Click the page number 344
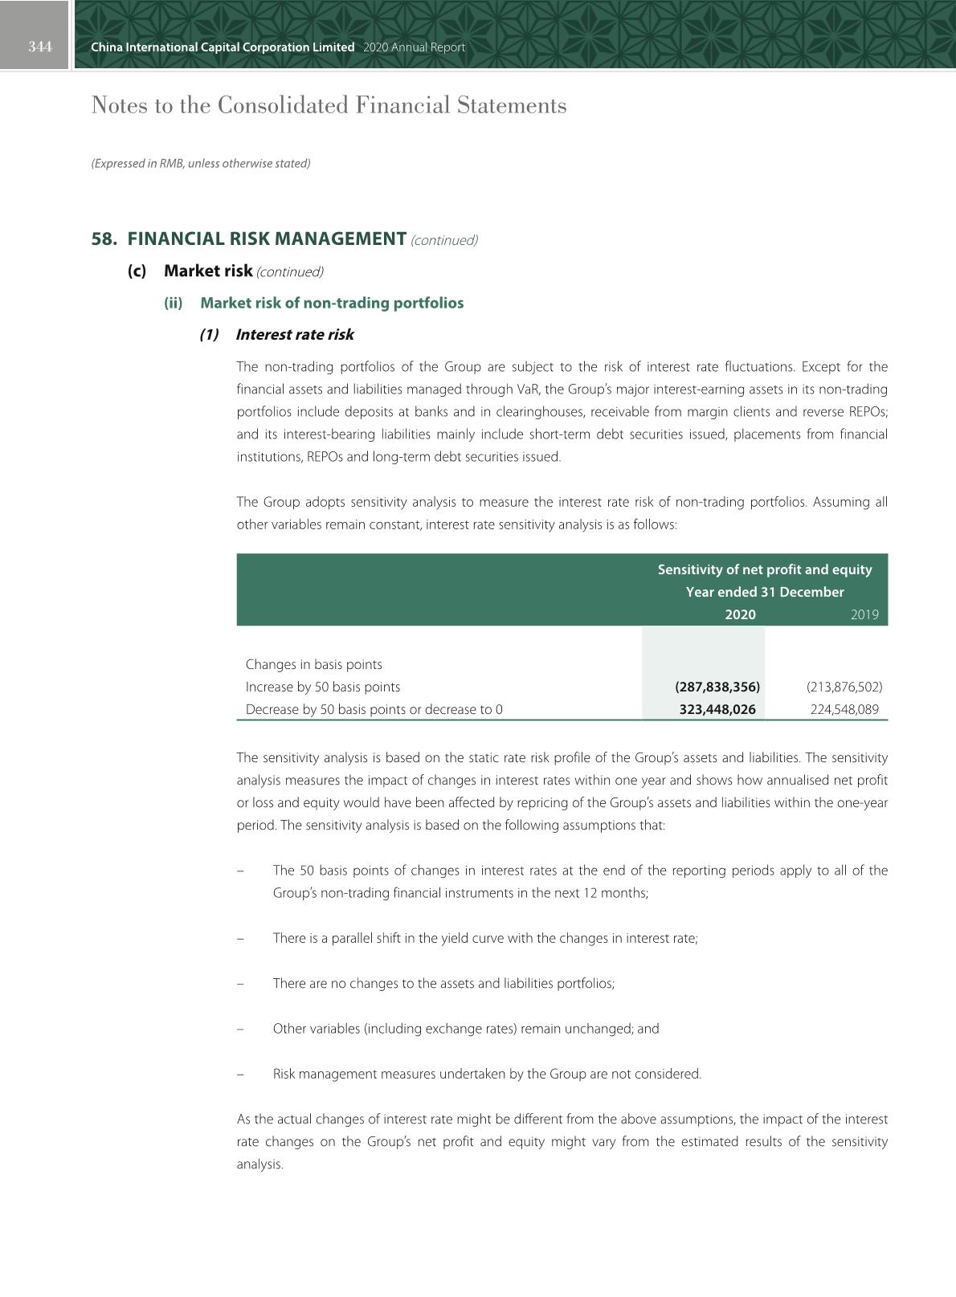[40, 47]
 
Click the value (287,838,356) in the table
[717, 687]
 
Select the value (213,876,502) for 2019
[844, 687]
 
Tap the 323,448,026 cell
[717, 709]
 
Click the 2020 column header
[740, 614]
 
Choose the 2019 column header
[864, 614]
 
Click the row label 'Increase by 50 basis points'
[323, 687]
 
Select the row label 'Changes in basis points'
[314, 664]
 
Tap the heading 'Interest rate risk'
[295, 335]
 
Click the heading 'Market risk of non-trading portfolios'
[332, 303]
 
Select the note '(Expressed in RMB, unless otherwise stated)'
[201, 163]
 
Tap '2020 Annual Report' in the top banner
[414, 47]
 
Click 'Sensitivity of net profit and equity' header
[764, 569]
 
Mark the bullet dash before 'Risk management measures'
[240, 1074]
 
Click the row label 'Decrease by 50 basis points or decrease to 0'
[374, 709]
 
